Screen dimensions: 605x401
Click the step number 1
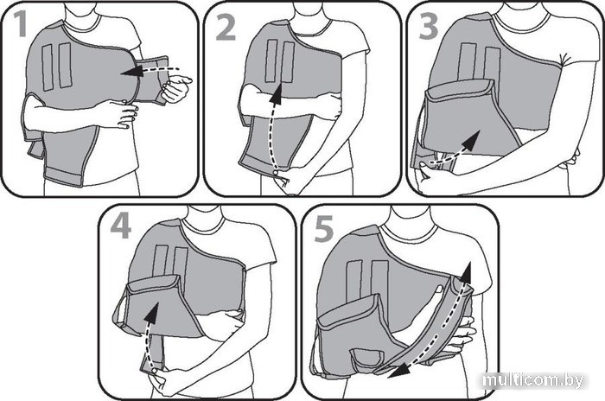pos(19,24)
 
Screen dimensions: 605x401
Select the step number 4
pos(120,226)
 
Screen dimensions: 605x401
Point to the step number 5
pos(324,229)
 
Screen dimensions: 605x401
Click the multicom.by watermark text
pos(533,380)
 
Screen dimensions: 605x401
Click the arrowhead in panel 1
pos(130,72)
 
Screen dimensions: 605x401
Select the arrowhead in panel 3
pos(471,140)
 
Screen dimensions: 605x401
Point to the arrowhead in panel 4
pos(152,313)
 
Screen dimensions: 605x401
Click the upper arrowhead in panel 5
pos(465,272)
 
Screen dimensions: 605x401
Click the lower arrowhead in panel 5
pos(398,371)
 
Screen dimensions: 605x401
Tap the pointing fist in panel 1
pos(175,88)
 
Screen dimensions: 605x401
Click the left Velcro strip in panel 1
pos(48,68)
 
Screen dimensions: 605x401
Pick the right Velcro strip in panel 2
pos(288,62)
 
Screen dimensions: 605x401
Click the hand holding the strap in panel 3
pos(429,175)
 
